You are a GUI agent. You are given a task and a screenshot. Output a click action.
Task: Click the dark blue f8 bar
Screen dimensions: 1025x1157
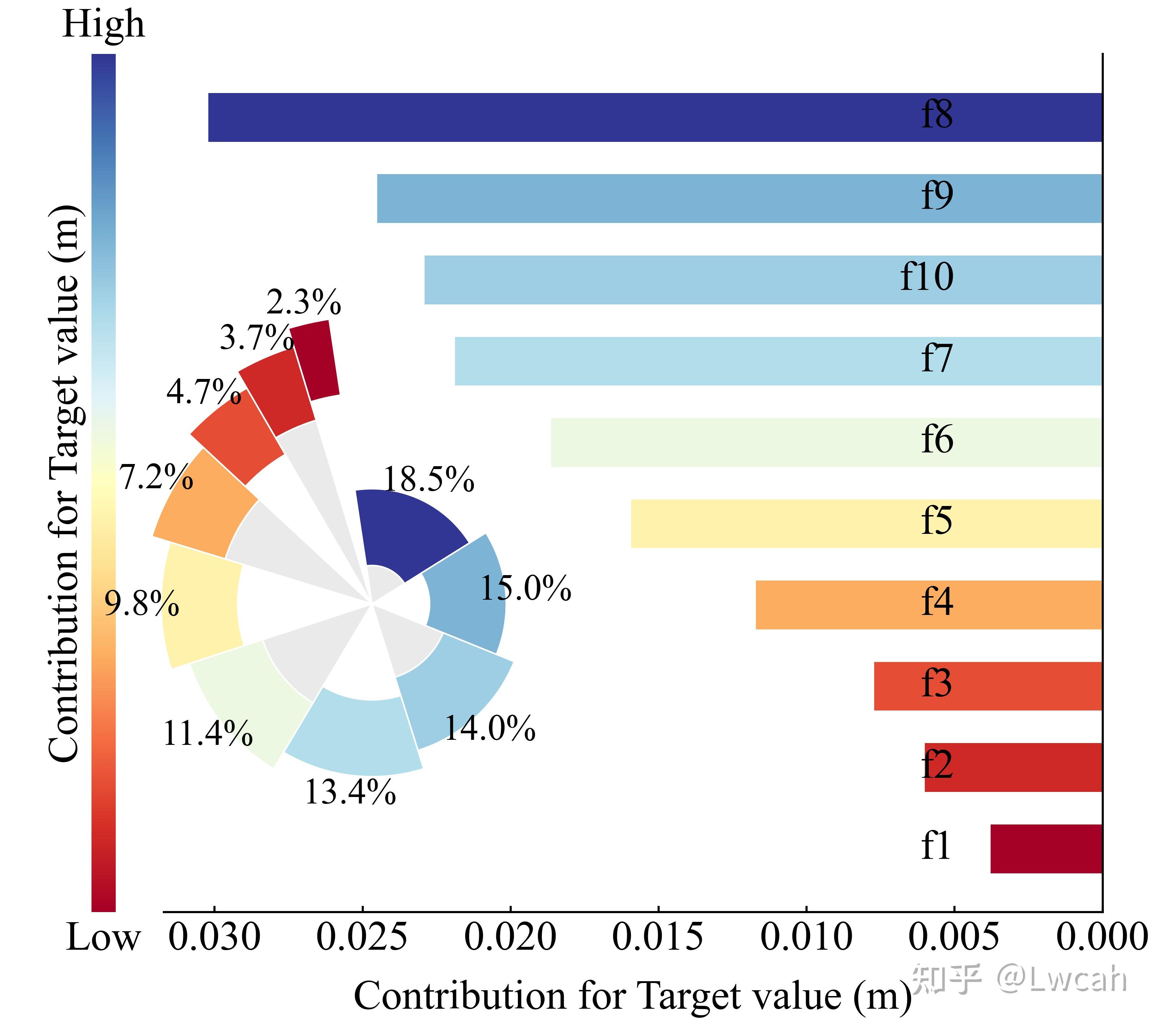pos(566,117)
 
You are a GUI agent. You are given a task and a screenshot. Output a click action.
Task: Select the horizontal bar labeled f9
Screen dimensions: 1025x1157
pos(651,198)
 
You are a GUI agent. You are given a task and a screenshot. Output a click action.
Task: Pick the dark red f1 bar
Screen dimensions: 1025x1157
pos(1046,849)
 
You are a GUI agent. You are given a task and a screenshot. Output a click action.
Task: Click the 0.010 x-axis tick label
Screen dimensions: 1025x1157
pos(806,937)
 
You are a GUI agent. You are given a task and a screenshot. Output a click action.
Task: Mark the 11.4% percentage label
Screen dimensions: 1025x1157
pos(208,734)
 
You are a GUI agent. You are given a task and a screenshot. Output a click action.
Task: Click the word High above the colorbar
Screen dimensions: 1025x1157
pos(103,24)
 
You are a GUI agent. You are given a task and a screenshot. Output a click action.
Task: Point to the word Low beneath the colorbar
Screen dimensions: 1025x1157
pos(103,938)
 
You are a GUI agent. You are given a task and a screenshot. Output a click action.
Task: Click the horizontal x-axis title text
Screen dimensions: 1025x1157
pos(632,996)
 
